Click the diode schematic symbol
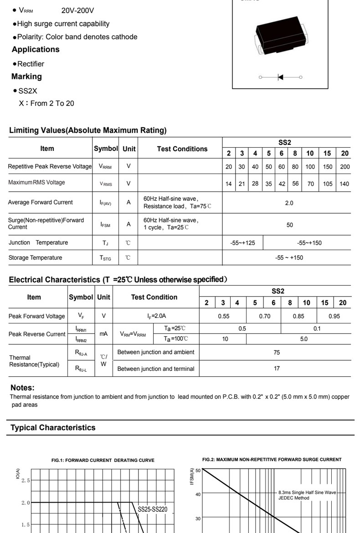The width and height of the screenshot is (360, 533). (x=280, y=77)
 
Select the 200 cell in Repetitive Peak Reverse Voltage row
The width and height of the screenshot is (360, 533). (x=345, y=167)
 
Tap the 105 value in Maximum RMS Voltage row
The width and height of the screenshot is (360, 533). (x=327, y=184)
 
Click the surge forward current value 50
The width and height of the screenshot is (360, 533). (x=290, y=225)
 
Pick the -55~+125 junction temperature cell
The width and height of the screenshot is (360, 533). (x=242, y=243)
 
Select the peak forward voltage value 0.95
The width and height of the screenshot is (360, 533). (x=334, y=316)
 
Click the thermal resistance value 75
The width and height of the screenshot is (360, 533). (x=277, y=352)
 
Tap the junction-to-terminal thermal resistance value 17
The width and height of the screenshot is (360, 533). (x=277, y=369)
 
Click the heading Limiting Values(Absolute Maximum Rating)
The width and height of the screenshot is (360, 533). (x=88, y=130)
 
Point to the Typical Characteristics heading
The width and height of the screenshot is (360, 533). (x=53, y=427)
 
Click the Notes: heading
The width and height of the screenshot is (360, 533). (x=22, y=388)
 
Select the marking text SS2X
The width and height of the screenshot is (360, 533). (x=28, y=91)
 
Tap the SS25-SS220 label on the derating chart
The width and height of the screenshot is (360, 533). (x=153, y=509)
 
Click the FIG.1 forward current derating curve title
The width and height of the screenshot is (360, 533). (x=103, y=460)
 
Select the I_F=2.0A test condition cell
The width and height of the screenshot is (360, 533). (x=156, y=316)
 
